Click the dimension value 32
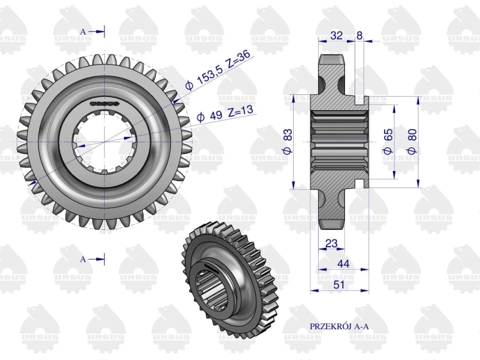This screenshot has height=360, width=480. pos(337,35)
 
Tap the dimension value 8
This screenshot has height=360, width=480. pos(360,35)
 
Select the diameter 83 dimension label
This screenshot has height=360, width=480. pos(289,141)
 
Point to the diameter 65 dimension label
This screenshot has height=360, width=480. pos(388,142)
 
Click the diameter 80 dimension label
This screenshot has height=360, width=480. pos(412,141)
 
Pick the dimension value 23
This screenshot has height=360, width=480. pos(332,243)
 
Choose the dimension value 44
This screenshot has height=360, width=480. pos(343,263)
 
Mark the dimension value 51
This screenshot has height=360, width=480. pos(339,284)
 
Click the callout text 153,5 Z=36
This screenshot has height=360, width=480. pos(218,70)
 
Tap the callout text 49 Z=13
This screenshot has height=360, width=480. pos(225,113)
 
